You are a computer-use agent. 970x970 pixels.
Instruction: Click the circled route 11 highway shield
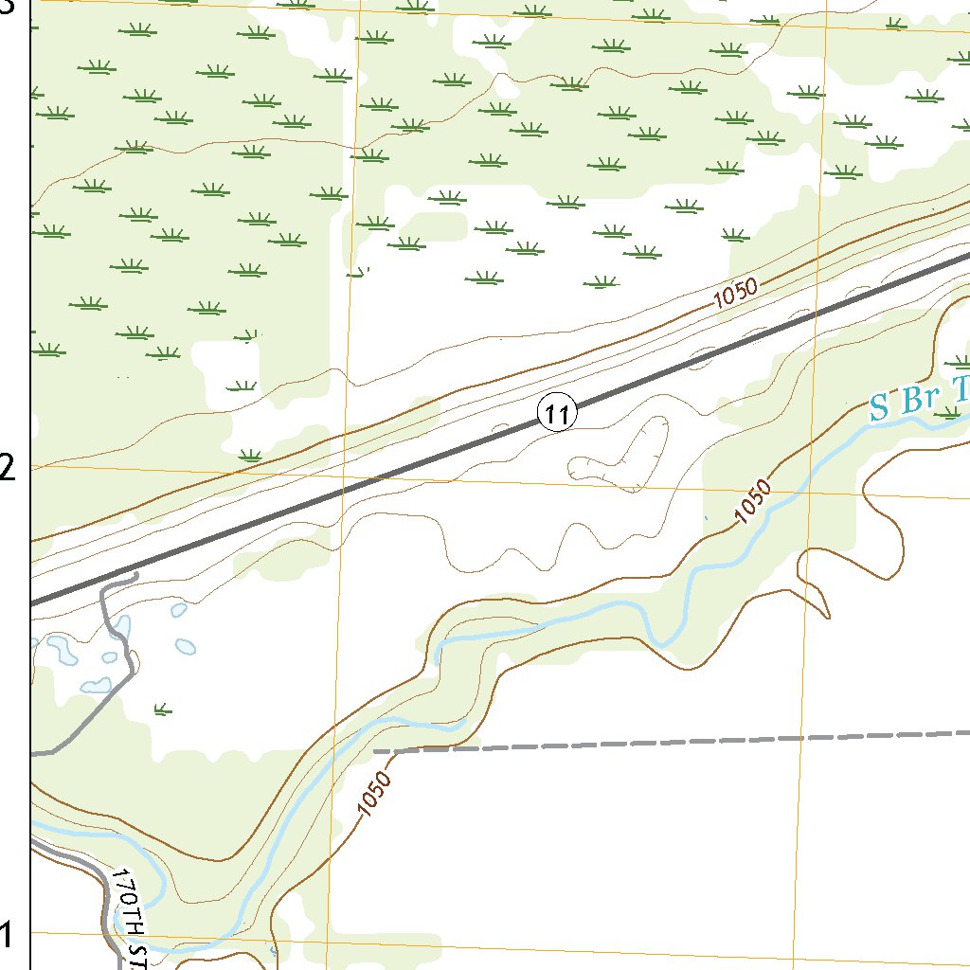(x=557, y=413)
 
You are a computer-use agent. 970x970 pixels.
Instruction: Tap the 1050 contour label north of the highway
(x=736, y=295)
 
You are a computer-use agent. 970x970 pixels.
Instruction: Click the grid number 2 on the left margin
(x=8, y=467)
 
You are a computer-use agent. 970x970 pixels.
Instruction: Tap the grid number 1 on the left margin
(x=8, y=934)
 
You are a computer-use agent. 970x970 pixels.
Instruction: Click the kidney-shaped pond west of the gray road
(x=63, y=650)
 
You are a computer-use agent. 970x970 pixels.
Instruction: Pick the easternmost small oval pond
(x=186, y=647)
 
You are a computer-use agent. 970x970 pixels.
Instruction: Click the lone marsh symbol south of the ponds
(x=162, y=708)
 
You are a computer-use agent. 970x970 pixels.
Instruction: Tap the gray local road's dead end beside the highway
(x=136, y=574)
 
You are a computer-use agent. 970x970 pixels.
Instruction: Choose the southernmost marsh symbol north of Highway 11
(x=250, y=456)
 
